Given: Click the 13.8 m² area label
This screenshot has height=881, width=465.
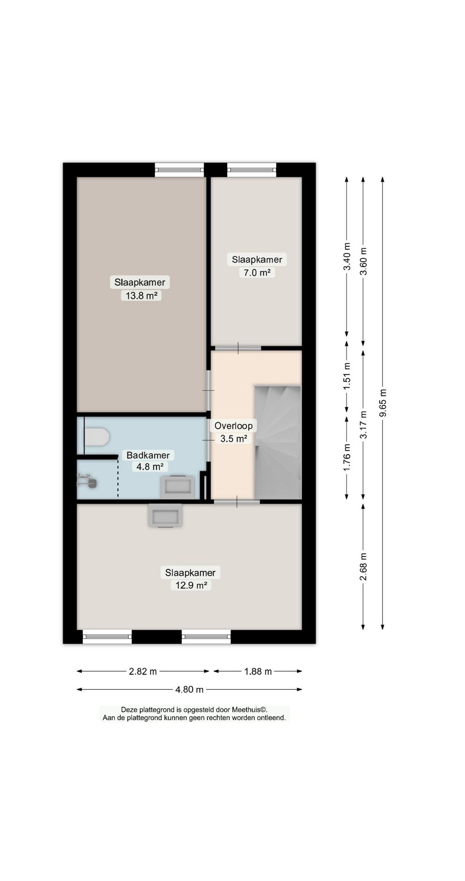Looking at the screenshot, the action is (x=142, y=296).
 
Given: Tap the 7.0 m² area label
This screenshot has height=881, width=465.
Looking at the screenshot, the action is (x=257, y=273).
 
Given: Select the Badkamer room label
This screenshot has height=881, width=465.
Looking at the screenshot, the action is (x=148, y=455).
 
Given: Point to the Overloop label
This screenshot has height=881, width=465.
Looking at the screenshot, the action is (x=233, y=426).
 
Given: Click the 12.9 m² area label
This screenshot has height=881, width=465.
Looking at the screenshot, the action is (x=191, y=585).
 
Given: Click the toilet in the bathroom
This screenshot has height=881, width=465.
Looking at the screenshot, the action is (x=96, y=436).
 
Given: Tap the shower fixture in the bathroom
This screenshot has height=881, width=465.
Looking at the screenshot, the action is (x=88, y=481).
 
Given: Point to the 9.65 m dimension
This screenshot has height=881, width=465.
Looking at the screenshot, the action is (x=382, y=403).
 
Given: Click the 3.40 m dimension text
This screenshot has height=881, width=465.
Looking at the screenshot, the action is (x=347, y=257).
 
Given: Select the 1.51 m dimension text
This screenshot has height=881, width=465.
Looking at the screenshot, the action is (x=347, y=375).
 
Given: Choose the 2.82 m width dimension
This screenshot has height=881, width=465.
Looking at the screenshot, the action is (x=143, y=671).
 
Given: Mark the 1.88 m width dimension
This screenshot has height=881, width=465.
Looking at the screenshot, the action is (x=258, y=671).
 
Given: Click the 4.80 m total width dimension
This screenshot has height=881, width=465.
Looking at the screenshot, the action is (x=189, y=689).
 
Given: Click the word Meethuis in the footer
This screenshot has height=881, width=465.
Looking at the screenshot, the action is (x=246, y=709).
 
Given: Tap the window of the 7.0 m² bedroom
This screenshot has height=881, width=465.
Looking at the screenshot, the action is (x=252, y=170).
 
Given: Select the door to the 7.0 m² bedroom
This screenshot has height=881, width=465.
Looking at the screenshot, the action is (x=238, y=348).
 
